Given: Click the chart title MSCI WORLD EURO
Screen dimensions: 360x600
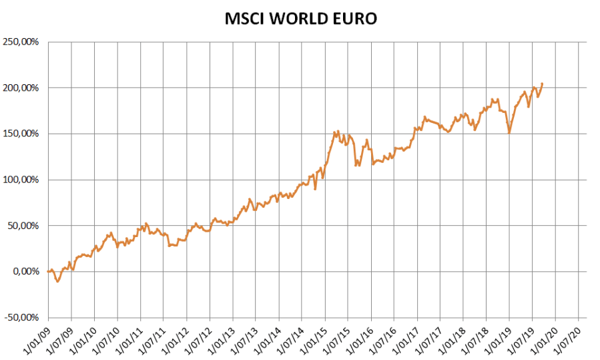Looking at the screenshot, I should [300, 19].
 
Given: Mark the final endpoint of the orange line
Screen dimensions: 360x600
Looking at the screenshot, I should [543, 83].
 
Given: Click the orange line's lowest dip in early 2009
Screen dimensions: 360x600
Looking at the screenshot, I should [57, 282].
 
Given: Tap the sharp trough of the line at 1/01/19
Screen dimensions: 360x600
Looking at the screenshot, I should [509, 133].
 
